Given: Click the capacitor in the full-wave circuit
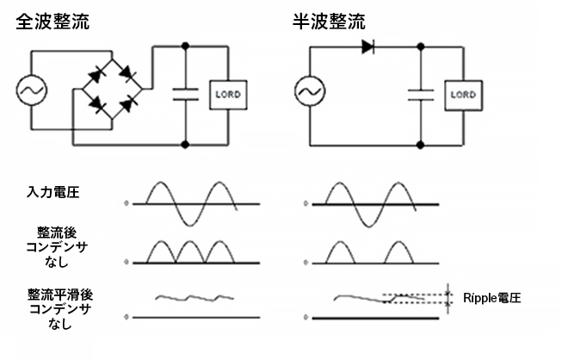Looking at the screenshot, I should (x=187, y=93).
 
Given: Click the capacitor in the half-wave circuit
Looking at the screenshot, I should (x=421, y=93).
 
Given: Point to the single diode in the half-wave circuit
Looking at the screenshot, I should (x=368, y=47).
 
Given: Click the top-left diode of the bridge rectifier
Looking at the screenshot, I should (x=96, y=75).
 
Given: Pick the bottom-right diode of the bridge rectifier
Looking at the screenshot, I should (x=127, y=106).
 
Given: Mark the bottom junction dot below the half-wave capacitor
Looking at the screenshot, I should (x=421, y=144).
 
